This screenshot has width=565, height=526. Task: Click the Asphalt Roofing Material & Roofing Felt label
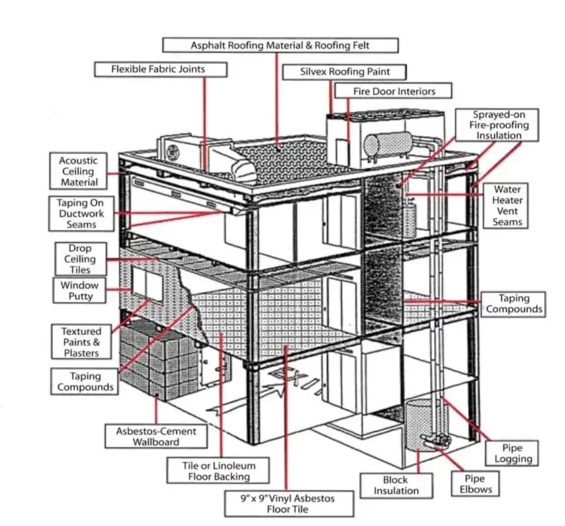pos(280,45)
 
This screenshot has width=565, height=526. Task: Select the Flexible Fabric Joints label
pos(158,69)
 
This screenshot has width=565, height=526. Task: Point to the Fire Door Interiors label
pos(394,91)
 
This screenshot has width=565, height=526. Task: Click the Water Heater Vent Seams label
pos(508,205)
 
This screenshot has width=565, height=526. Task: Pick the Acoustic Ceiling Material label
pos(79,171)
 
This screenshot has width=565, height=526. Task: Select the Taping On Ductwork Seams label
pos(82,213)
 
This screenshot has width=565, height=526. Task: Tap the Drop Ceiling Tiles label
pos(80,259)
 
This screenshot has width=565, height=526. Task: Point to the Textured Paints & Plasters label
pos(81,342)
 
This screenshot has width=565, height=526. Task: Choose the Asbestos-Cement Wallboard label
pos(146,436)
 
